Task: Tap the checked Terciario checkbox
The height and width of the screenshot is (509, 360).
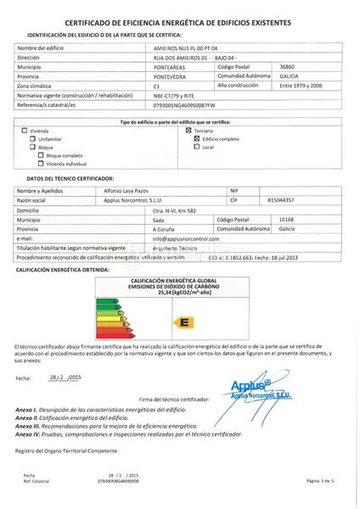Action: tap(188, 131)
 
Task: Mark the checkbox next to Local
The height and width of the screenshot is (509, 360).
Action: tap(196, 147)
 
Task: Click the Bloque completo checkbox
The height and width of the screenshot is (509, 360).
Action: tap(39, 154)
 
